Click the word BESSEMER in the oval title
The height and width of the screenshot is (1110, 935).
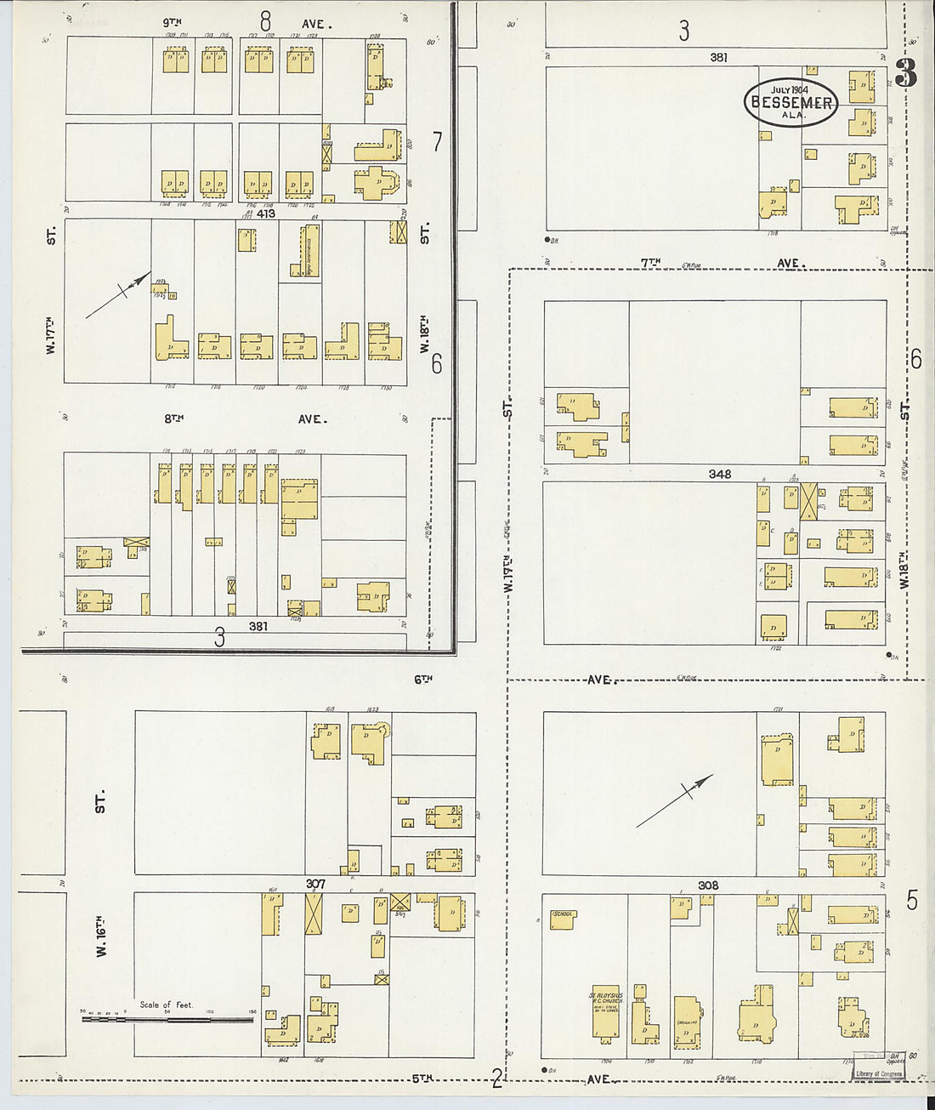pos(791,103)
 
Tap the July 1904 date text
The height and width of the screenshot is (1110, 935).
pos(790,89)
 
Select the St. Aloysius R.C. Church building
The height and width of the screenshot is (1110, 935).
pos(606,1013)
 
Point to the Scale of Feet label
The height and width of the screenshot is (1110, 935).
pos(167,1005)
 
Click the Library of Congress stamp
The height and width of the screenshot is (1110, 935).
pos(879,1073)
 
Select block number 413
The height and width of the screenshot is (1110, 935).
pos(266,213)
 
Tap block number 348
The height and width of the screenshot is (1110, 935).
pos(719,474)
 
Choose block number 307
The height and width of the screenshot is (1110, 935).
pos(315,884)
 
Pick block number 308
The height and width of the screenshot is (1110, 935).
pos(708,885)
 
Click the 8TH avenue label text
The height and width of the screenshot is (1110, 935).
pos(174,418)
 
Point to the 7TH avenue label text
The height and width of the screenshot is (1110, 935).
pos(650,264)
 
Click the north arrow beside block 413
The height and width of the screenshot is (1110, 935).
pos(119,295)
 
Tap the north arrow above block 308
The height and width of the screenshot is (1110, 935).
pos(675,800)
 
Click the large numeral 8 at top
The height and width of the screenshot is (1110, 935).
pos(266,20)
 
